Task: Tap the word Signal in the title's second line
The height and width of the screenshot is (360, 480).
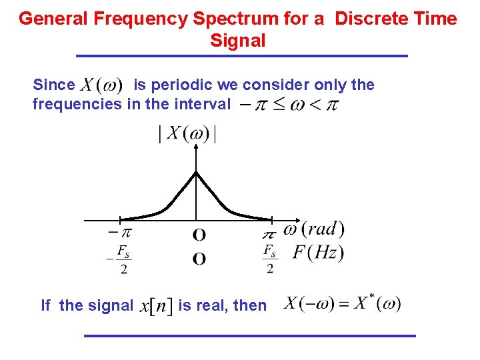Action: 238,41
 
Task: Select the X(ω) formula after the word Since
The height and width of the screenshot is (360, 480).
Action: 101,85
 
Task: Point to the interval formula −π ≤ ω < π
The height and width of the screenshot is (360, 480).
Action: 289,105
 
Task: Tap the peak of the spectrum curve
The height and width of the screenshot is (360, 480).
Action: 195,173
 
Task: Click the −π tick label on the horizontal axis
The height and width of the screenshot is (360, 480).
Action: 119,233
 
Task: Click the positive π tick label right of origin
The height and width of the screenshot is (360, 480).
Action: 269,235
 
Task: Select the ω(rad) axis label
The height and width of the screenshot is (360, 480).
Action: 314,229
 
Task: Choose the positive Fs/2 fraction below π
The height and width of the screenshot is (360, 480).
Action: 269,259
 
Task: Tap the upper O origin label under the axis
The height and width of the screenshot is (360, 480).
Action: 199,235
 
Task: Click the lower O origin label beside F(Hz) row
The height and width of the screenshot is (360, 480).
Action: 199,259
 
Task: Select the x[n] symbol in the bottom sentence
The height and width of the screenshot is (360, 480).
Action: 156,306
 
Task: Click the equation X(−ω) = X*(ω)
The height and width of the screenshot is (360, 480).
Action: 342,304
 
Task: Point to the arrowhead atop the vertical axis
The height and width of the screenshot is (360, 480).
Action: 195,149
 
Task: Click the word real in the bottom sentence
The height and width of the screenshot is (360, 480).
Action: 213,305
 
